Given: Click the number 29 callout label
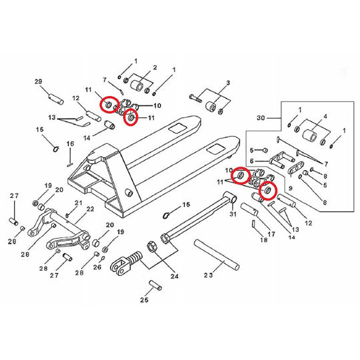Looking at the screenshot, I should tap(39, 81).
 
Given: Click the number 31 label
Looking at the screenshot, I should tap(233, 214).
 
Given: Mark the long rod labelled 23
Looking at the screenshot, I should tap(217, 255).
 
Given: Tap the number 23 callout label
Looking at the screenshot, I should tap(207, 273).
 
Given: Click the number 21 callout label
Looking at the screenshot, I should tap(78, 203).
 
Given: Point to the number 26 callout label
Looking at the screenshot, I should tap(97, 268).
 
